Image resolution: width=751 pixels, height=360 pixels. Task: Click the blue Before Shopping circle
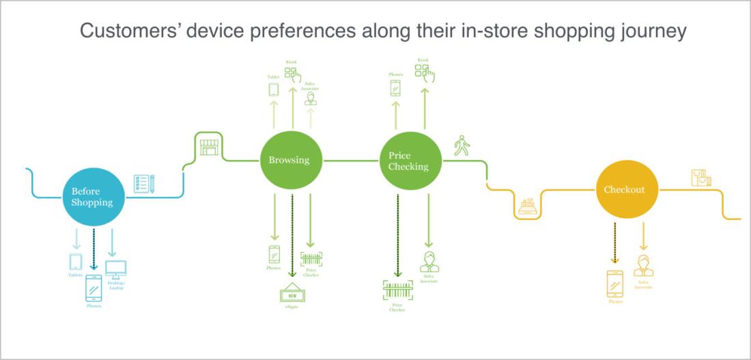pyautogui.click(x=92, y=197)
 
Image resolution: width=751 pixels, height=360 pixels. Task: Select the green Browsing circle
pyautogui.click(x=289, y=161)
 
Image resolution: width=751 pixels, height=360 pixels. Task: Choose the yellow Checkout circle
pyautogui.click(x=624, y=189)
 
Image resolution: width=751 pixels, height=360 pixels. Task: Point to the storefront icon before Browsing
pyautogui.click(x=208, y=145)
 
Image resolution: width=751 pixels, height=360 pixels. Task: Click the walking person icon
pyautogui.click(x=462, y=146)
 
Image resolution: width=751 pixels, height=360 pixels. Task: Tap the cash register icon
pyautogui.click(x=526, y=206)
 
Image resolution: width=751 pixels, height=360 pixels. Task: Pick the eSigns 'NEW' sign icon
pyautogui.click(x=292, y=294)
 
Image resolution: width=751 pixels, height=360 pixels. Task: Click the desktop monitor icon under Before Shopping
pyautogui.click(x=115, y=268)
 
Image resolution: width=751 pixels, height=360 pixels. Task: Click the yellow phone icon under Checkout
pyautogui.click(x=615, y=283)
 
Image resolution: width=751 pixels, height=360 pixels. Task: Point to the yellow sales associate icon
pyautogui.click(x=643, y=266)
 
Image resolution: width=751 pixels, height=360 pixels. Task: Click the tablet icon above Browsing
pyautogui.click(x=274, y=89)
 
